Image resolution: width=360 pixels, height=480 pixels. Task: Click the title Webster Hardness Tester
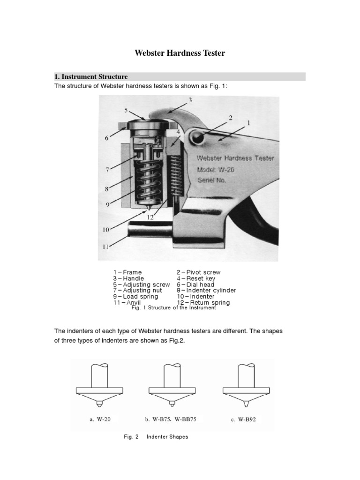[180, 53]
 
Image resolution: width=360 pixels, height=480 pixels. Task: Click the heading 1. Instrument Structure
[91, 76]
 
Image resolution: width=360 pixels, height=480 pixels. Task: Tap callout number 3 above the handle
[190, 100]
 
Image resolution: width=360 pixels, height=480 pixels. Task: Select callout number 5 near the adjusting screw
[126, 111]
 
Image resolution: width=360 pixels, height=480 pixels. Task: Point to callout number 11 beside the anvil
[106, 246]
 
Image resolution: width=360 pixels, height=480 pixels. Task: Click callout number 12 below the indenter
[150, 217]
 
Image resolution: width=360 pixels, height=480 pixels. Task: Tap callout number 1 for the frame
[248, 122]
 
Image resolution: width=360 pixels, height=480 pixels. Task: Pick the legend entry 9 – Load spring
[135, 296]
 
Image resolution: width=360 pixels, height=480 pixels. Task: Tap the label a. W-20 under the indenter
[101, 419]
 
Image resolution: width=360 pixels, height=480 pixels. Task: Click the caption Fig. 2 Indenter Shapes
[156, 437]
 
